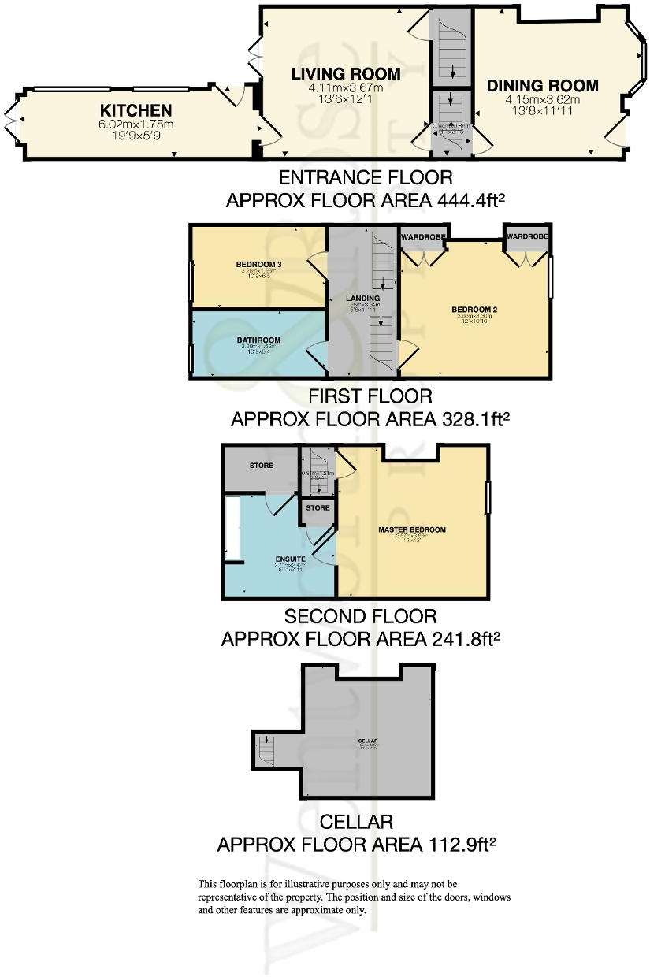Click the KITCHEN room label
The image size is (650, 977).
(x=136, y=110)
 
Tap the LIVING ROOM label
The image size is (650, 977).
(x=345, y=75)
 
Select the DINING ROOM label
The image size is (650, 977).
(x=542, y=86)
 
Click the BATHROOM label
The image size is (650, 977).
(x=258, y=340)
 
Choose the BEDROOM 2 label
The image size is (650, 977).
(x=474, y=309)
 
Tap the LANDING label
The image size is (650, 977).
(x=363, y=298)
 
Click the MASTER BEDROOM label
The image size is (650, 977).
(x=411, y=529)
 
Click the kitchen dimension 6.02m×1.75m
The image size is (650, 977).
(x=136, y=124)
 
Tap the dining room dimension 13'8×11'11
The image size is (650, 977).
(x=542, y=112)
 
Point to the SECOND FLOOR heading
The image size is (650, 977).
(x=360, y=615)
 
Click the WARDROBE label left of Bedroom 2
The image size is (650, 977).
(x=424, y=236)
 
